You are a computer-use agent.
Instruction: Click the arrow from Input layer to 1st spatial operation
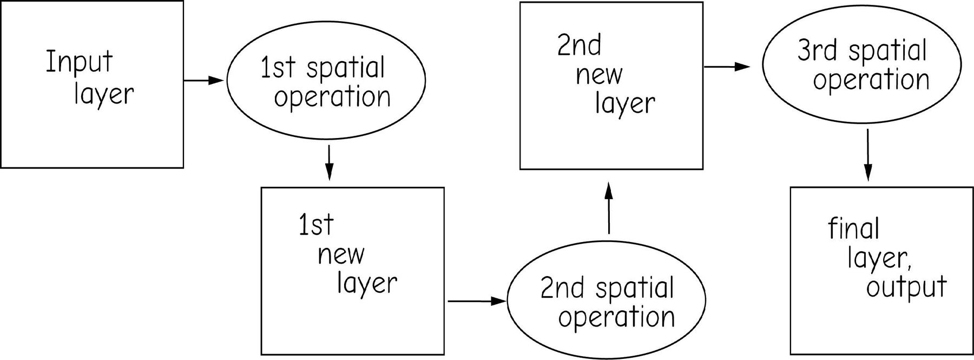(203, 81)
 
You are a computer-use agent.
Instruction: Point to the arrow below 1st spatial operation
(328, 161)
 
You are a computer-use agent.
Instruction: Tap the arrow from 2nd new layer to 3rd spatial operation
(727, 67)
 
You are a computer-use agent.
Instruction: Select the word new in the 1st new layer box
(341, 255)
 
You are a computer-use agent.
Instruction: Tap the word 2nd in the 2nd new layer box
(579, 45)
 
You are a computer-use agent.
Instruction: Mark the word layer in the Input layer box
(103, 95)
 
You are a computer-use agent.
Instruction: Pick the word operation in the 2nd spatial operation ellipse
(616, 317)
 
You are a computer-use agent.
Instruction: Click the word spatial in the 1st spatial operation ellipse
(345, 69)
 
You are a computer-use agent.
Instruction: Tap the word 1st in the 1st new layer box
(316, 225)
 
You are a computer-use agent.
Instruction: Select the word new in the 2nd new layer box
(599, 75)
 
